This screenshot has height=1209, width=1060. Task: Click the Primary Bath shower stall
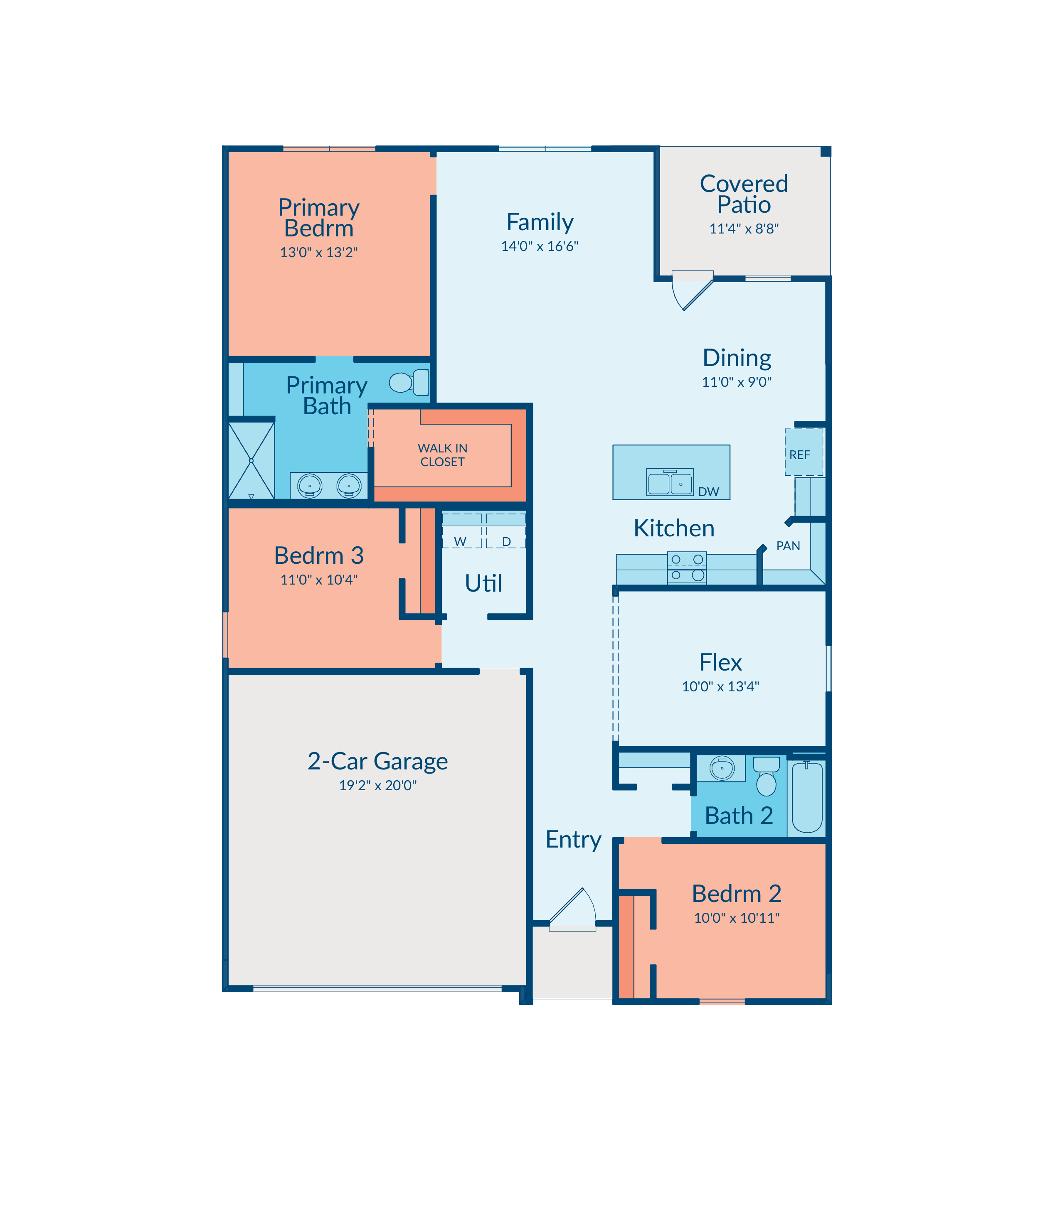coord(251,460)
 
